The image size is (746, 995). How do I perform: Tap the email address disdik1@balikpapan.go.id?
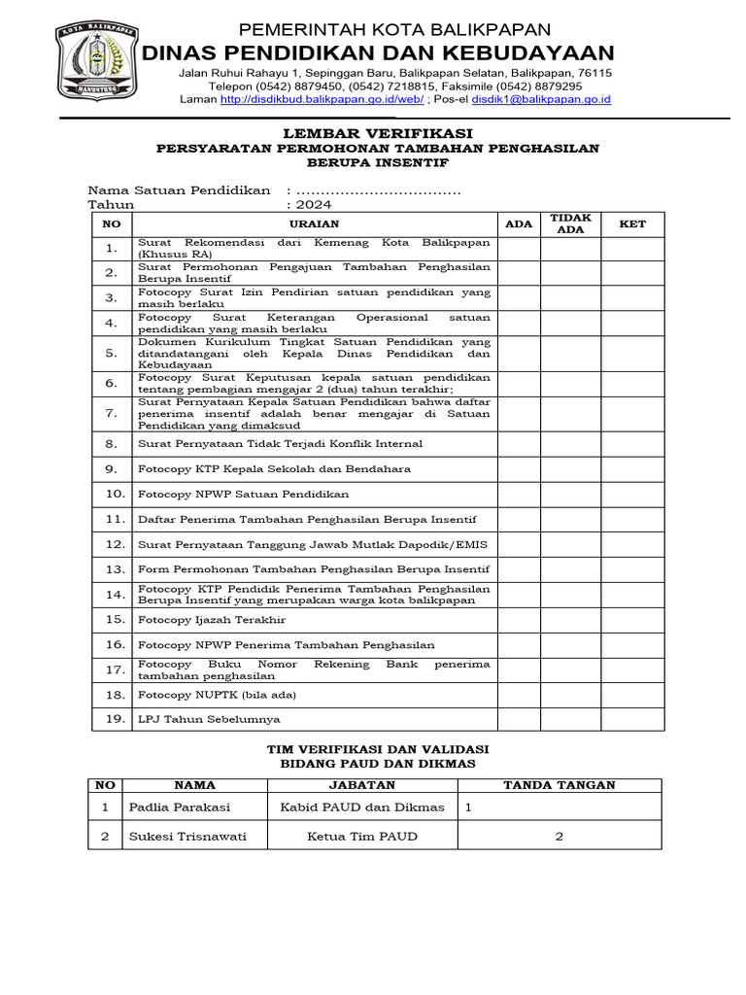(x=540, y=99)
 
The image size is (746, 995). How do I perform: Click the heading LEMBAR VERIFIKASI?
(x=378, y=132)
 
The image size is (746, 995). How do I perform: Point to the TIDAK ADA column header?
(x=570, y=223)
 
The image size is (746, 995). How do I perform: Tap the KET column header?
(x=631, y=224)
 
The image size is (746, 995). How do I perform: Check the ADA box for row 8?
(x=519, y=444)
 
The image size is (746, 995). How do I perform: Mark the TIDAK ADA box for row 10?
(x=570, y=495)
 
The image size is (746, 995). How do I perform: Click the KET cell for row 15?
(x=631, y=620)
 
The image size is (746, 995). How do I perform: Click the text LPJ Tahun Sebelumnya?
(x=209, y=719)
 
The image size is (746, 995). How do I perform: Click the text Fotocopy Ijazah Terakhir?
(x=212, y=620)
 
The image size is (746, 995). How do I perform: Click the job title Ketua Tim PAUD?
(x=362, y=837)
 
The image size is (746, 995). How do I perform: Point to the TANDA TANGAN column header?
(x=559, y=785)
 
